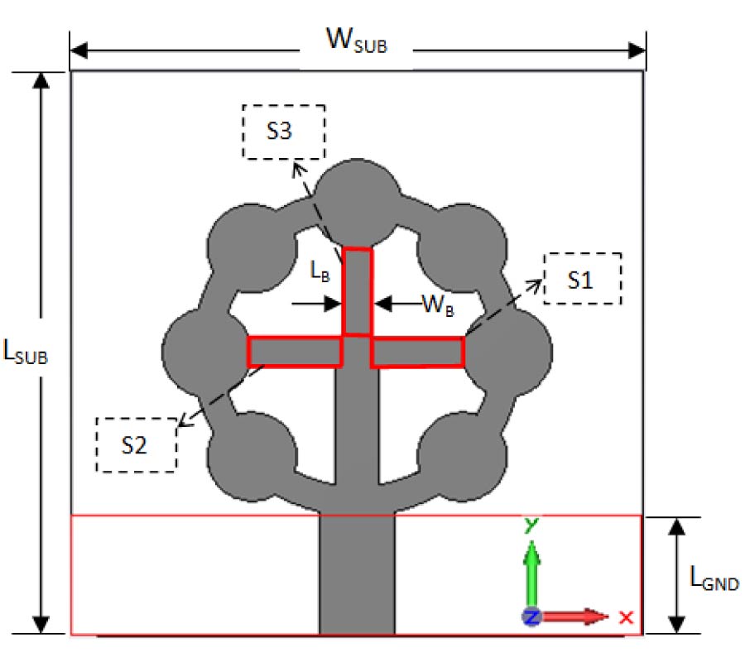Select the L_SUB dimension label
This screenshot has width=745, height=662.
pos(26,353)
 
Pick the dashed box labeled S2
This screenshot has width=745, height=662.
pos(137,444)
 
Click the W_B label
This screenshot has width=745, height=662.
pos(437,304)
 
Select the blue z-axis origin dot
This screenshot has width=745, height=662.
pos(531,616)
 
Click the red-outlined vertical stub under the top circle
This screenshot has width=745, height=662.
pos(358,291)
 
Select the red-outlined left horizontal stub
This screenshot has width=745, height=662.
pos(295,351)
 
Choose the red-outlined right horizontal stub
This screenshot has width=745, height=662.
pos(417,352)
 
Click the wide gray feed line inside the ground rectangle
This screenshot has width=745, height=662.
pos(358,574)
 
